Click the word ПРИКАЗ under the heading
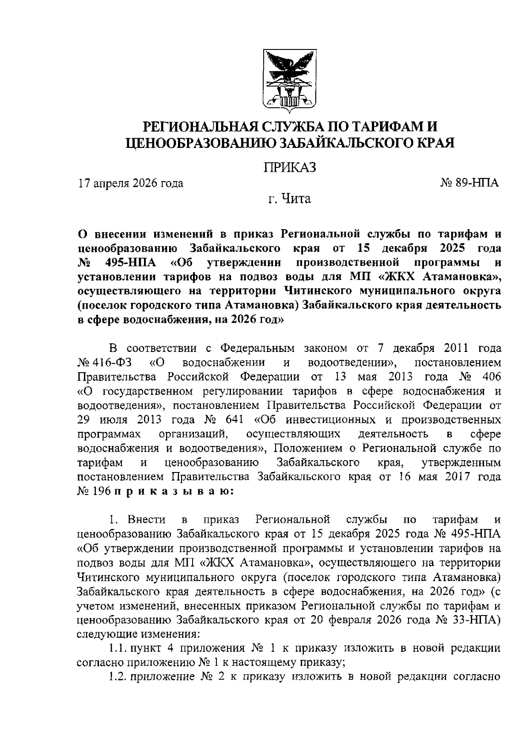[x=290, y=168]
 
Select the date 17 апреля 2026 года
[x=130, y=183]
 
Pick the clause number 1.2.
[x=117, y=677]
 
